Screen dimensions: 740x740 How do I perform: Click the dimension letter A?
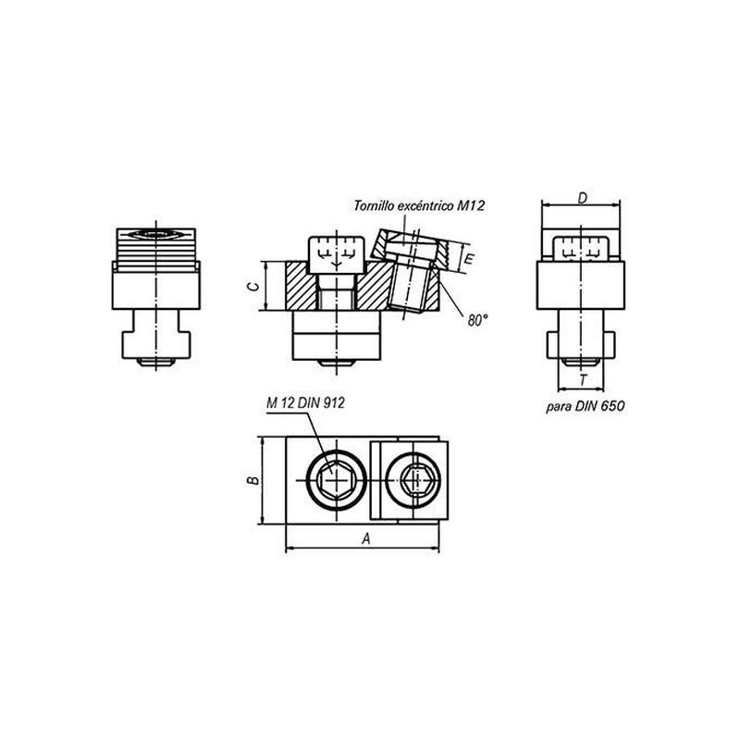pos(366,538)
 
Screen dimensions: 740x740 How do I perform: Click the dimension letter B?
pos(253,480)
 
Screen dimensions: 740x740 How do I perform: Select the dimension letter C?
pos(253,287)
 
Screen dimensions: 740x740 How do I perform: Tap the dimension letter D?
pos(583,198)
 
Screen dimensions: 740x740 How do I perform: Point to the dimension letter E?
pos(469,259)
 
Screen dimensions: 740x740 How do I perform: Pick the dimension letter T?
pos(584,380)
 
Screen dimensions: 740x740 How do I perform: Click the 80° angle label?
pos(476,321)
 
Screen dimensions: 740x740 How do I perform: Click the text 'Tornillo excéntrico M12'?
pos(419,205)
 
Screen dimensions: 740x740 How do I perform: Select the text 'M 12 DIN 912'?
pos(305,402)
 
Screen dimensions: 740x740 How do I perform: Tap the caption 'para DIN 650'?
pos(586,406)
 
